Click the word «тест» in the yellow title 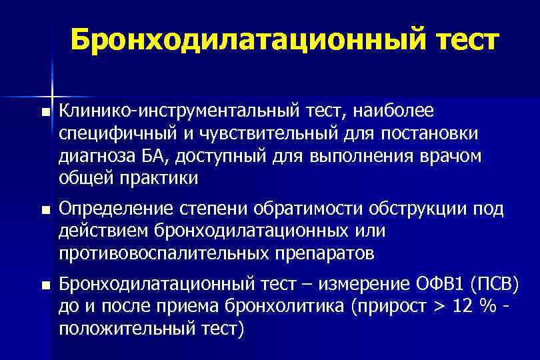459,40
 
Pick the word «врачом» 451,156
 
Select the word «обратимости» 305,211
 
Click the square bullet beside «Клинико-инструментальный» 45,112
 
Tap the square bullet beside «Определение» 45,211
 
